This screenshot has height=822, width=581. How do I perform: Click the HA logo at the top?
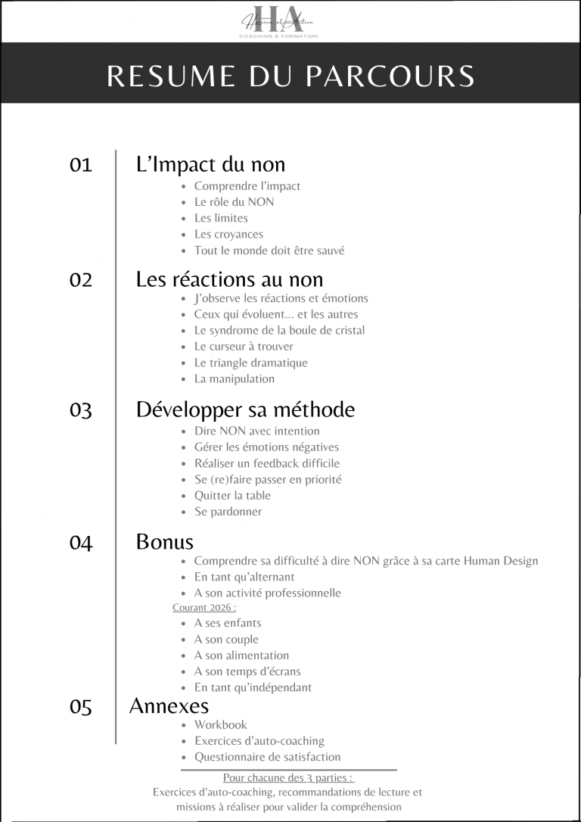pos(280,20)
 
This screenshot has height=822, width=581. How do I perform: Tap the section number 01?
pos(80,164)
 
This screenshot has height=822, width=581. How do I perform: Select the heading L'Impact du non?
pos(210,164)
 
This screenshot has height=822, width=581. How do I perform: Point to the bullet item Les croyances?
pos(228,234)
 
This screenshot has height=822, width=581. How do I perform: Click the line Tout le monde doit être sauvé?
pos(269,250)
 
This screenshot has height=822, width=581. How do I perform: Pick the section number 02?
pos(80,279)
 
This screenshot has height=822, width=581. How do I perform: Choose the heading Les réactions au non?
pos(229,279)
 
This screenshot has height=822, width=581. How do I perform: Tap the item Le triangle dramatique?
pos(250,363)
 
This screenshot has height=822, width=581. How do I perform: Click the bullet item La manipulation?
pos(235,378)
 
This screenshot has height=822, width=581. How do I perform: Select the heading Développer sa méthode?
pos(245,409)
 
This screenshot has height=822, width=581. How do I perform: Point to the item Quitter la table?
pos(232,495)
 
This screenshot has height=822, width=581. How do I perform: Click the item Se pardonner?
pos(228,512)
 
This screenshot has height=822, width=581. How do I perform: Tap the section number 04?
pos(80,543)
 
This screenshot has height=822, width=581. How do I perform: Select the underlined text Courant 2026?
pos(204,607)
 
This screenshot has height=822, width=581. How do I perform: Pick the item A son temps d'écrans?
pos(247,671)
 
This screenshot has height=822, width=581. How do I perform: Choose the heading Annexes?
pos(169,706)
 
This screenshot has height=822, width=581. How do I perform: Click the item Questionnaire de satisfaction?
pos(268,757)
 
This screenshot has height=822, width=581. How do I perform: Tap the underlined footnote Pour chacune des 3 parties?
pos(288,777)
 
